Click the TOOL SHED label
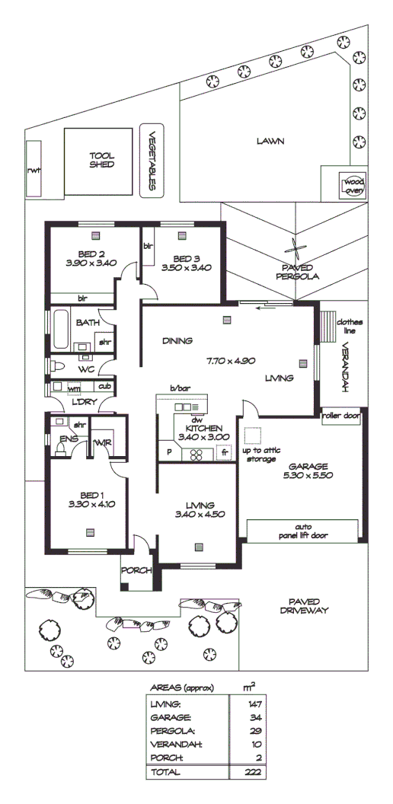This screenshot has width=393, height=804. [101, 159]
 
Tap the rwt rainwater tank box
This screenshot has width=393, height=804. [34, 170]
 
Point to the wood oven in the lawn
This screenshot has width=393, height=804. [353, 187]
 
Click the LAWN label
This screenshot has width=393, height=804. [270, 141]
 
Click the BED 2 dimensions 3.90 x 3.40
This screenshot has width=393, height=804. [91, 263]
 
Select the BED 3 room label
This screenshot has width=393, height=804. [186, 257]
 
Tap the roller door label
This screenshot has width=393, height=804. [340, 416]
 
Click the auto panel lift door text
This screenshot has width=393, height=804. [303, 531]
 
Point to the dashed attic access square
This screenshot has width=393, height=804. [252, 435]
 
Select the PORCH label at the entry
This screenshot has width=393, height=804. [138, 569]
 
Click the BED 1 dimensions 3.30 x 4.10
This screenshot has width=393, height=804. [89, 504]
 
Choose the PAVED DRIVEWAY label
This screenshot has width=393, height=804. [303, 605]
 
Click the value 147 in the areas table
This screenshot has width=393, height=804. [254, 705]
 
